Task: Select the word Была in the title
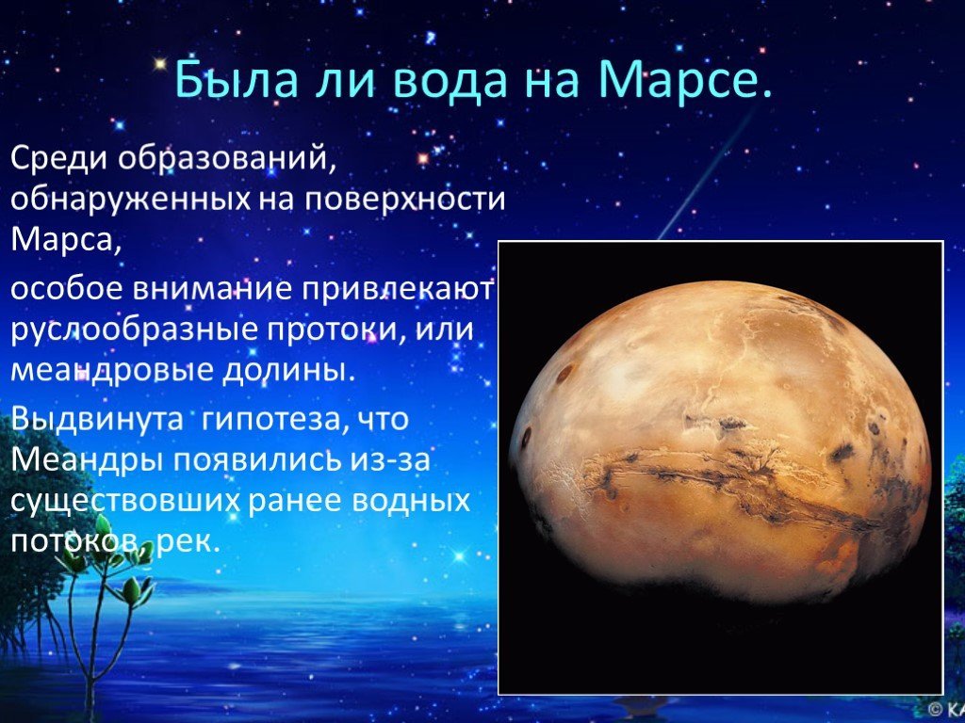(x=237, y=80)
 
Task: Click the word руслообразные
(x=134, y=330)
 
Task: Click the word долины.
(x=288, y=371)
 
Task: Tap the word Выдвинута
(x=97, y=420)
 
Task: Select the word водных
(x=411, y=502)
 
